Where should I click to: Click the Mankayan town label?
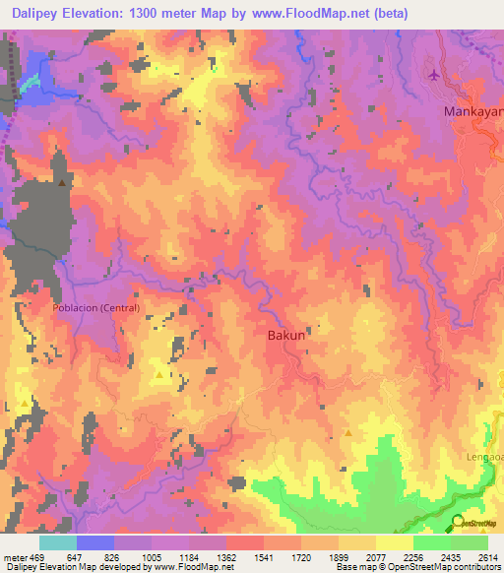coord(473,112)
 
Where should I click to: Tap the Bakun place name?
coord(288,336)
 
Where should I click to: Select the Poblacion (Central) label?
coord(96,308)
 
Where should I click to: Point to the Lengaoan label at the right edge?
coord(483,458)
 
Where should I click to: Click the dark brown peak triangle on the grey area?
coord(63,182)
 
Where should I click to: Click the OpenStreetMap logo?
coord(477,523)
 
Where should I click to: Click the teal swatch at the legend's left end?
coord(57,543)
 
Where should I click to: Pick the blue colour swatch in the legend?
coord(95,543)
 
